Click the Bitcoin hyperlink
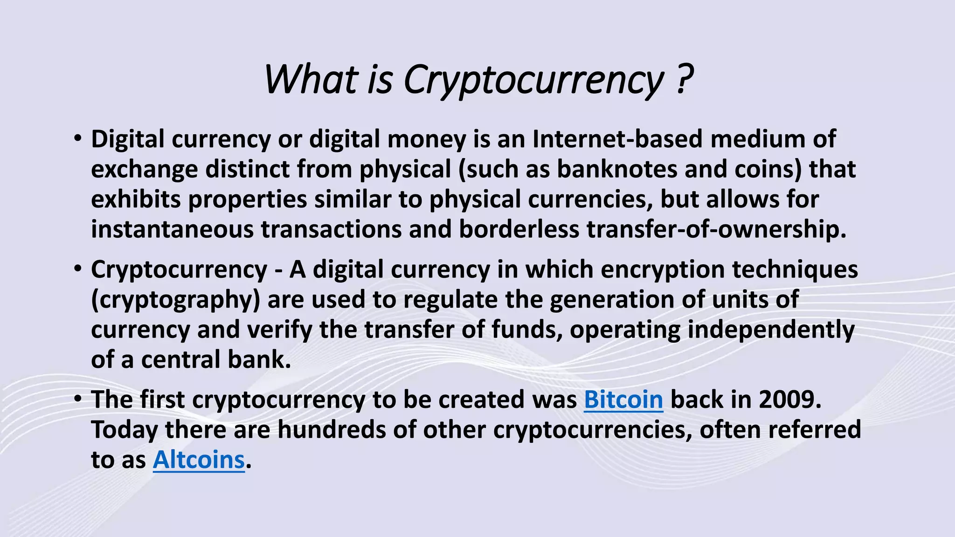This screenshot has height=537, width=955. click(x=623, y=399)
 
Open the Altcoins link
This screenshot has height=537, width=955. click(x=199, y=460)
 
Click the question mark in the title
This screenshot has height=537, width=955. click(x=683, y=79)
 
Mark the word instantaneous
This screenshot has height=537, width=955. click(x=172, y=229)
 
